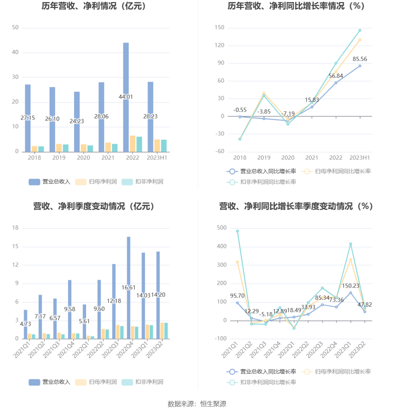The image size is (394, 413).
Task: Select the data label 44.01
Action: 126,97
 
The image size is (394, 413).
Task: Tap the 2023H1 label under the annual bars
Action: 157,158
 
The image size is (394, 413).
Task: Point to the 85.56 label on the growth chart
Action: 360,59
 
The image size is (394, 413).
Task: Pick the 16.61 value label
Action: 128,288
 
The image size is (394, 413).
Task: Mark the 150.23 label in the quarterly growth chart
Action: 351,286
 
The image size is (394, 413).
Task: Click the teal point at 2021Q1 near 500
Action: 237,231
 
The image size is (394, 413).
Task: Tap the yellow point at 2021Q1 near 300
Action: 237,262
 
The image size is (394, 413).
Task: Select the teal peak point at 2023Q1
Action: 351,244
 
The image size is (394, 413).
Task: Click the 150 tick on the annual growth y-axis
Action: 220,27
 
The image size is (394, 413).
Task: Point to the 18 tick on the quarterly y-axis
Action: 15,228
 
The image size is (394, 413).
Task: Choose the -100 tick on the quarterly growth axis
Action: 221,339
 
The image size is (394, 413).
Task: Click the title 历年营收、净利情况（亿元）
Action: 94,6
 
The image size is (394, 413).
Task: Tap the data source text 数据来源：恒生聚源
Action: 197,404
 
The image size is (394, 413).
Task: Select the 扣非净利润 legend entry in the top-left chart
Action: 143,182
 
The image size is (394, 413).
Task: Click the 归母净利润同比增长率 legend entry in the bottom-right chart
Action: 336,372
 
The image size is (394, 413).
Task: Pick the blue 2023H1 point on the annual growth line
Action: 360,66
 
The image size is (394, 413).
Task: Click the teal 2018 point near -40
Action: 240,139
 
